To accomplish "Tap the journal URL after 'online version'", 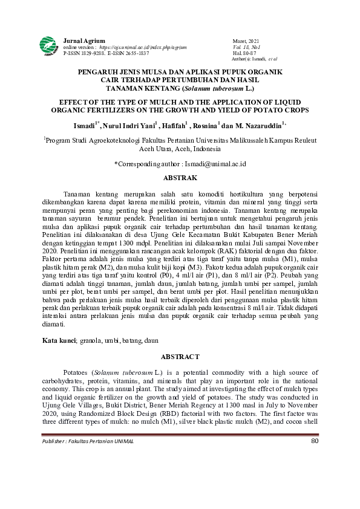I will tap(143, 47).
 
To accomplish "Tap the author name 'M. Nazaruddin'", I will tap(260, 126).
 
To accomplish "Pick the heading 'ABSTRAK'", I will tap(180, 178).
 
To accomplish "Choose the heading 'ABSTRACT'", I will tap(180, 357).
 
